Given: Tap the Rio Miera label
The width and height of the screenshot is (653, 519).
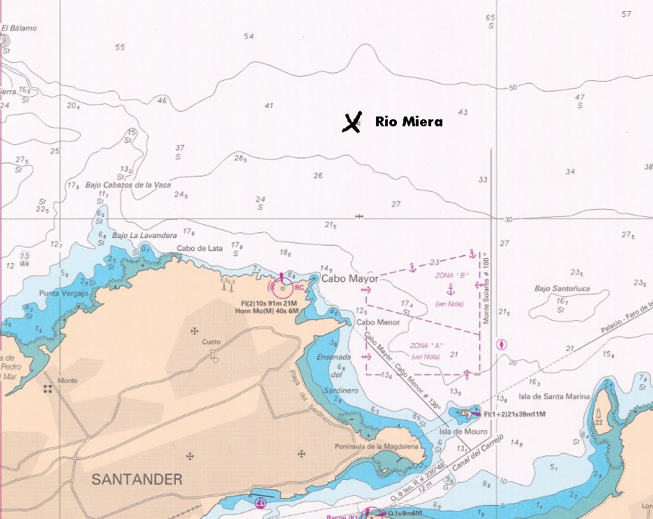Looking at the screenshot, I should click(x=409, y=122).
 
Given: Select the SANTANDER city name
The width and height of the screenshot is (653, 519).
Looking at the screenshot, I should click(x=137, y=479).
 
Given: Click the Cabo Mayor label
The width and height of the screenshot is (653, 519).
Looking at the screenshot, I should click(x=350, y=279).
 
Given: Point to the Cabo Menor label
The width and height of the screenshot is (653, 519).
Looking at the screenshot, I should click(x=378, y=322).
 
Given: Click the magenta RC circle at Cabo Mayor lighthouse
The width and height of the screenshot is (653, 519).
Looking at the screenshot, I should click(x=283, y=287).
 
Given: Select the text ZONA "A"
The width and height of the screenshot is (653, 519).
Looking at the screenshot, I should click(x=427, y=346).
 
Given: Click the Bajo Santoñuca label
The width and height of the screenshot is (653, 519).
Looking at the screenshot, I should click(x=562, y=288).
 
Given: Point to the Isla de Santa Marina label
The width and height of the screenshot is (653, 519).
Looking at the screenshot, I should click(x=554, y=396).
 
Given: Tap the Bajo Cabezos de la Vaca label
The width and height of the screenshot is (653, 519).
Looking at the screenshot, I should click(x=128, y=185).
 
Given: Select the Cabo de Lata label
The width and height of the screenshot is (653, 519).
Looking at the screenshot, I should click(x=199, y=248).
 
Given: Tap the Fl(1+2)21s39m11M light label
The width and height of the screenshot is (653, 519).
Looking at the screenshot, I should click(x=514, y=414).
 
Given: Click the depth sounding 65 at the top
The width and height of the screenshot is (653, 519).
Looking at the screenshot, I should click(x=490, y=17).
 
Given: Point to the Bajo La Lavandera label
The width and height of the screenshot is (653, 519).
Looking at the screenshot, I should click(x=144, y=235).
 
